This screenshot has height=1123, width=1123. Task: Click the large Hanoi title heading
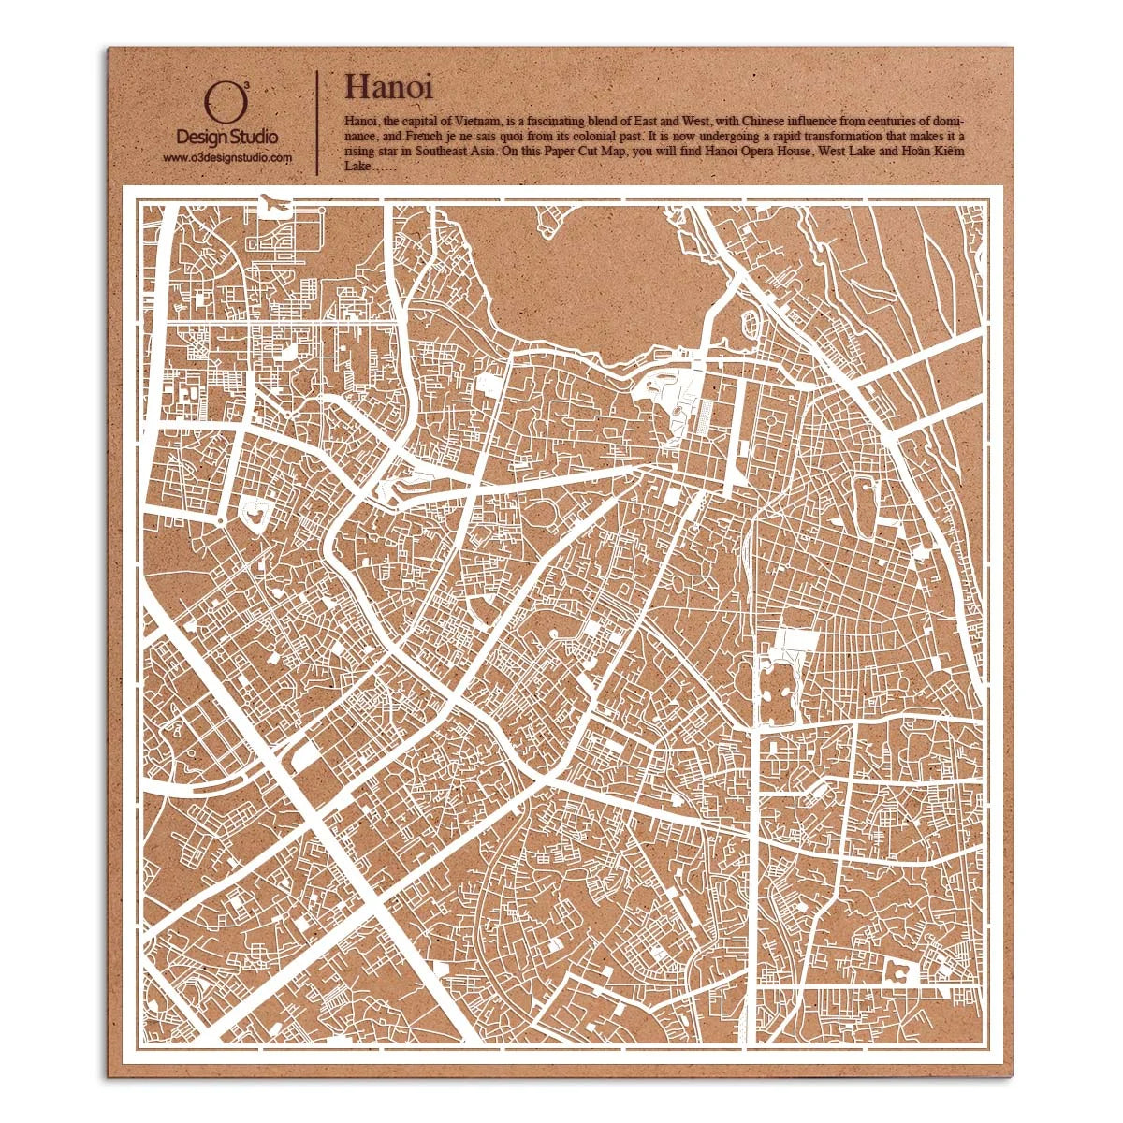click(x=388, y=87)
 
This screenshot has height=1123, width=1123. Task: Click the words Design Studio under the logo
click(x=227, y=138)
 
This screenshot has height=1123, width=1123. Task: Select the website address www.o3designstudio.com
click(x=227, y=158)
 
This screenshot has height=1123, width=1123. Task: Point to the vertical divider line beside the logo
click(x=318, y=122)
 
